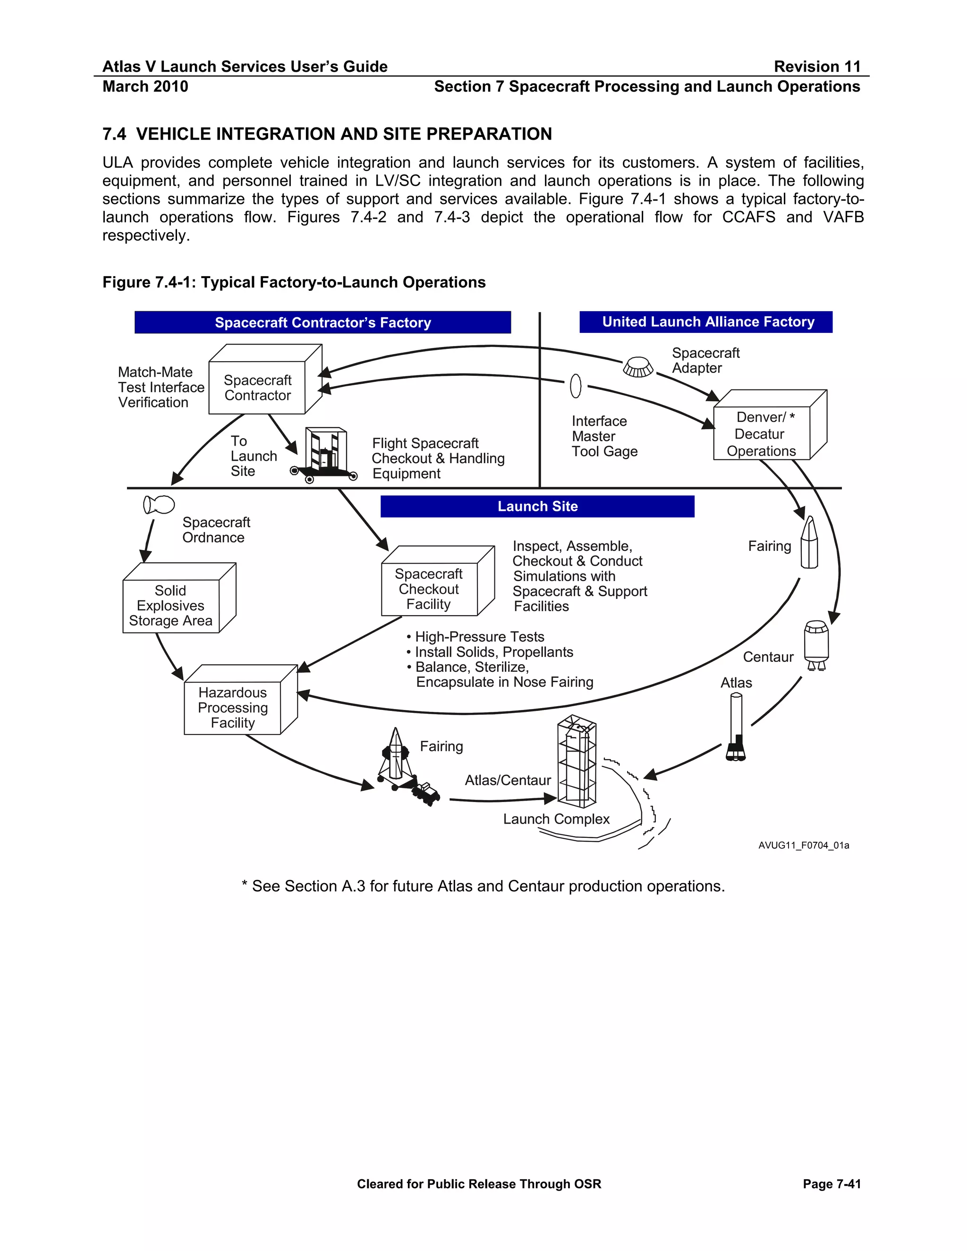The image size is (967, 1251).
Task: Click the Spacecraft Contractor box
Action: click(257, 387)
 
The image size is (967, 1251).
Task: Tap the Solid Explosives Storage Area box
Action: click(171, 606)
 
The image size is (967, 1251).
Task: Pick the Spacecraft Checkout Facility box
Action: click(429, 589)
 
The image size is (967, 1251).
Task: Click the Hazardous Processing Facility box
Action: click(233, 708)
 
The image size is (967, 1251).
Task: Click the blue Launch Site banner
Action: click(537, 507)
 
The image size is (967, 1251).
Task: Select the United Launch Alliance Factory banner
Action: click(706, 322)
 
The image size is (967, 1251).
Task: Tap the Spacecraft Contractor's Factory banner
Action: click(322, 322)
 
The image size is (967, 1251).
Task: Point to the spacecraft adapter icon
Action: click(637, 367)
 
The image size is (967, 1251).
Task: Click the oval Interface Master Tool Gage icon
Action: click(576, 386)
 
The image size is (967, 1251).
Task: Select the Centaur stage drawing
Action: click(816, 644)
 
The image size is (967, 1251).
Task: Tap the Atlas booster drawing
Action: click(736, 727)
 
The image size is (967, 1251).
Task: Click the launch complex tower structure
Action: click(577, 762)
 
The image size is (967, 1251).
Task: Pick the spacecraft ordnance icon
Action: click(159, 505)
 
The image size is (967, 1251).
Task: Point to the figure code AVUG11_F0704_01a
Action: click(803, 845)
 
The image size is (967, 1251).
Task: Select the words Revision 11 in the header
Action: click(817, 67)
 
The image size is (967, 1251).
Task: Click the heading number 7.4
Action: click(114, 134)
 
